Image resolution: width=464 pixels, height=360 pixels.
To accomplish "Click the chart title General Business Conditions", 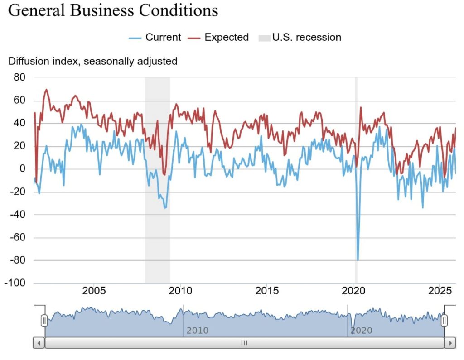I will pyautogui.click(x=113, y=10).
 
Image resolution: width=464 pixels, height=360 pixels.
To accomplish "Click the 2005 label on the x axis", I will pyautogui.click(x=94, y=290).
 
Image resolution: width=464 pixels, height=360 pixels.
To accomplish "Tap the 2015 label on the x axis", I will pyautogui.click(x=267, y=290).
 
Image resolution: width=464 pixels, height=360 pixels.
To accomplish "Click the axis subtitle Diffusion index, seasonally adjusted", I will pyautogui.click(x=92, y=61).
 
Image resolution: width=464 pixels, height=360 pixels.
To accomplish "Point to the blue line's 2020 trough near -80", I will pyautogui.click(x=358, y=260).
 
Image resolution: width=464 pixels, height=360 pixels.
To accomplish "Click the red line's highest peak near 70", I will pyautogui.click(x=46, y=90).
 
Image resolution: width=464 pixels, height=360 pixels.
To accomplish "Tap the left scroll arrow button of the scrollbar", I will pyautogui.click(x=39, y=343).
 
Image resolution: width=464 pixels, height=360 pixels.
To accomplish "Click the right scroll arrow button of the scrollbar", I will pyautogui.click(x=449, y=343).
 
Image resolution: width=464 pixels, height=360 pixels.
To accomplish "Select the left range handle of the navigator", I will pyautogui.click(x=44, y=321).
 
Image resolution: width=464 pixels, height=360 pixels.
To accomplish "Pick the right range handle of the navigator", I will pyautogui.click(x=445, y=321).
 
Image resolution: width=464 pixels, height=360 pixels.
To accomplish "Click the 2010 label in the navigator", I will pyautogui.click(x=198, y=331).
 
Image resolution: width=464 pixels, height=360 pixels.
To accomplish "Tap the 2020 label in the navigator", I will pyautogui.click(x=361, y=331).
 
